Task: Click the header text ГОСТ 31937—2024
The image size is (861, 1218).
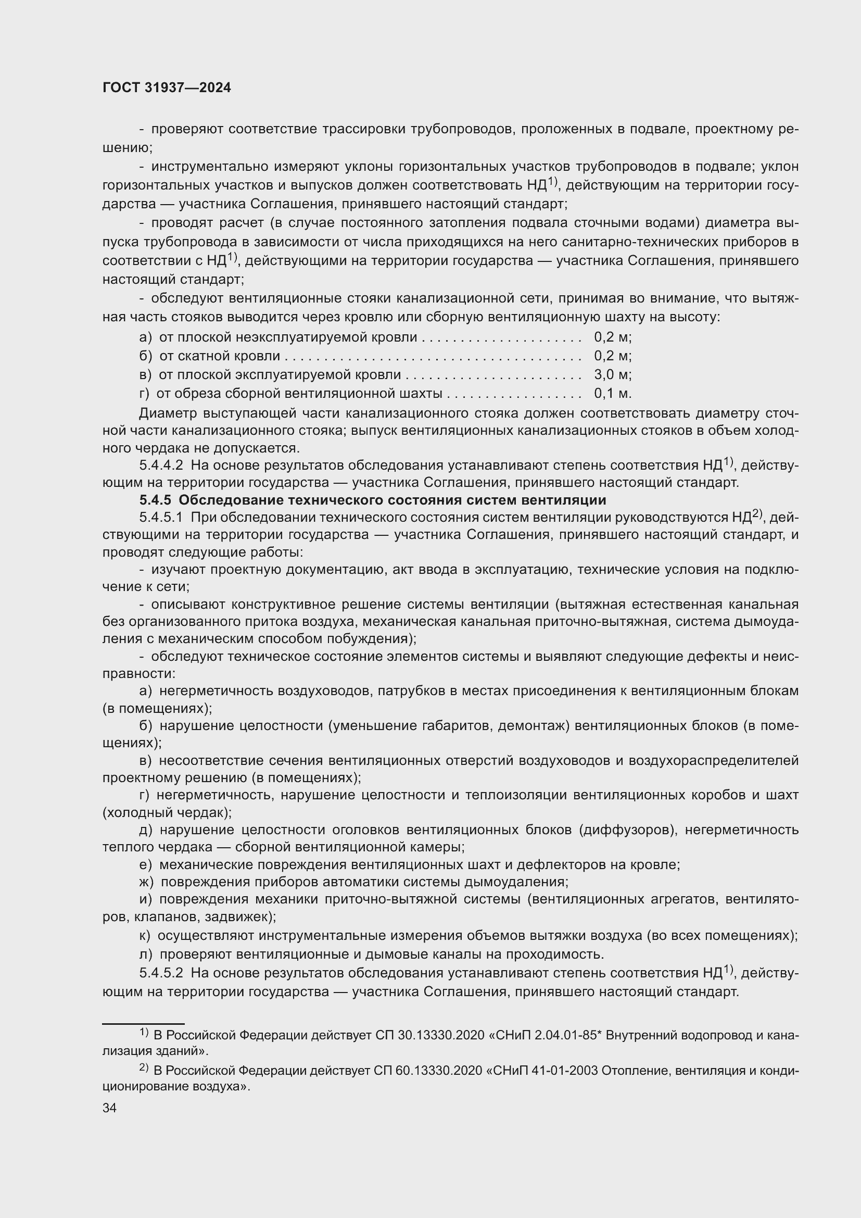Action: pos(167,88)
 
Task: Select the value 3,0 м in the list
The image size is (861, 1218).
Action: pos(612,375)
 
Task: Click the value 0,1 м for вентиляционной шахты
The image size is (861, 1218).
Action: pos(612,394)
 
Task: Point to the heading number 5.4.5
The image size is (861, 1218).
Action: pos(156,500)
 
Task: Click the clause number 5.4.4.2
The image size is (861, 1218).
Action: pos(161,466)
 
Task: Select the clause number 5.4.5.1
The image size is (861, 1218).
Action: pos(161,517)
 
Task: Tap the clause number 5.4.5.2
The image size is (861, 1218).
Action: pos(161,973)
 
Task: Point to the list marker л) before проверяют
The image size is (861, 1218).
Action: pos(145,955)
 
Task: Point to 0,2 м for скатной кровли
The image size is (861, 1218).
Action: pos(612,356)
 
